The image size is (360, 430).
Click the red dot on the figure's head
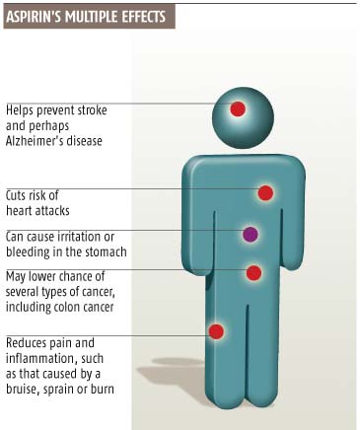(238, 108)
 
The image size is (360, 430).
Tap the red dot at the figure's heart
(265, 193)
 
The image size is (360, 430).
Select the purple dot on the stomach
(251, 234)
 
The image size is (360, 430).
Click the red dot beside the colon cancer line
(253, 273)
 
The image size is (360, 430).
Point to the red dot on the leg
(216, 331)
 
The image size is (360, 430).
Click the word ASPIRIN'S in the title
(34, 17)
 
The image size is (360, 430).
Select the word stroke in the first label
(92, 110)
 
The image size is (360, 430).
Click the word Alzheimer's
(34, 141)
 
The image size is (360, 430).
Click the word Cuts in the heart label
(15, 195)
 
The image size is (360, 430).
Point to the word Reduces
(27, 342)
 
